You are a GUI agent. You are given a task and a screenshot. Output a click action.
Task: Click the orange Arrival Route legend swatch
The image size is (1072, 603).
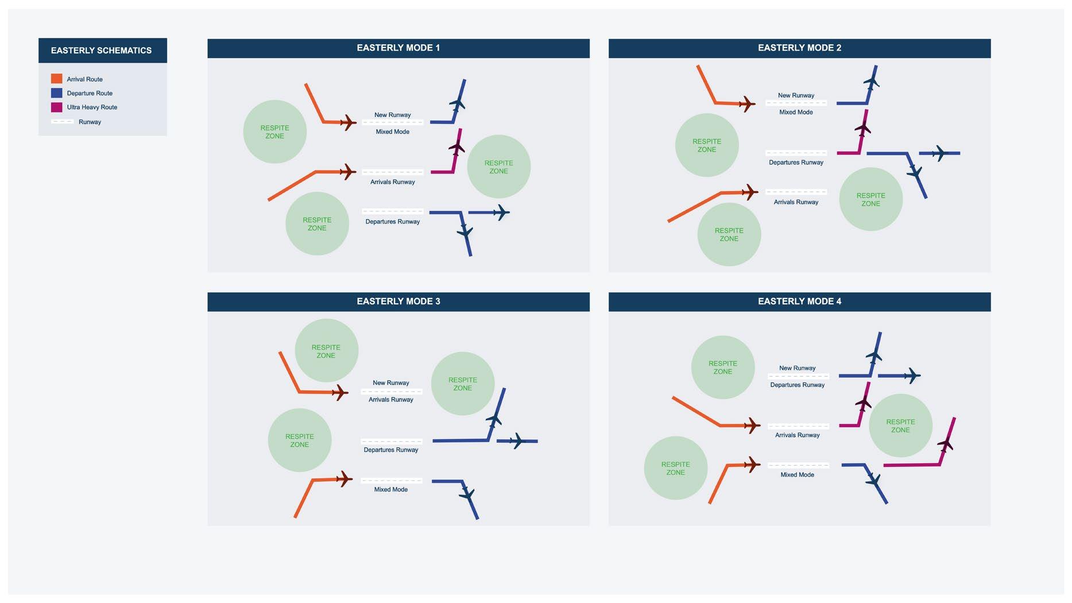pos(56,79)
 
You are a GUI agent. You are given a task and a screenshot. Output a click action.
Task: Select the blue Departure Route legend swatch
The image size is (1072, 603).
pos(56,93)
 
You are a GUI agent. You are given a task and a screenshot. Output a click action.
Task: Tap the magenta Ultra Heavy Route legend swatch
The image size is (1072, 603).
pos(56,107)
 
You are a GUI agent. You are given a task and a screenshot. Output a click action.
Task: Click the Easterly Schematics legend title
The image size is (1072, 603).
pos(101,51)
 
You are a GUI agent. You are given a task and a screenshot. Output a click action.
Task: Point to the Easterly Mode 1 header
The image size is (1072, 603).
pos(398,48)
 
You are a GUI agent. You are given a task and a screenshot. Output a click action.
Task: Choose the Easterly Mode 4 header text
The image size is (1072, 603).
pos(799,301)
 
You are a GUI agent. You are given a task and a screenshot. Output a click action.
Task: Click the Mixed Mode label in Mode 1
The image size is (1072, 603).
pos(392,132)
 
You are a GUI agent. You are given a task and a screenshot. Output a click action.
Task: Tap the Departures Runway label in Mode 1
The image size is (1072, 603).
pos(392,222)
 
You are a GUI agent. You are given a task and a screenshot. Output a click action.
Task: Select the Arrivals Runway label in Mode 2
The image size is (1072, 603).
pos(796,202)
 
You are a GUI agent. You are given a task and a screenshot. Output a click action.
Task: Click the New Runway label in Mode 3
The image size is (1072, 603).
pos(390,383)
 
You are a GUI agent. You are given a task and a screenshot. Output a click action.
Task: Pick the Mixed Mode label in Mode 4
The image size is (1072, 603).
pos(797,475)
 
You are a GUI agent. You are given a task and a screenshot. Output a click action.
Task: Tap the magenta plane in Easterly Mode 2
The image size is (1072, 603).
pos(862,129)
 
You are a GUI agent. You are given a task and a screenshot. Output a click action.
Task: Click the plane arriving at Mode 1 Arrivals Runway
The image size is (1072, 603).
pos(347,172)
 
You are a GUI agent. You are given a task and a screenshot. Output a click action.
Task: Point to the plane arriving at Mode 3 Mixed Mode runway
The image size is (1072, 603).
pos(343,478)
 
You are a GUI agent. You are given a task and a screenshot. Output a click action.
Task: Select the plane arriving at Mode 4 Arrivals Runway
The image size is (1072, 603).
pos(751,426)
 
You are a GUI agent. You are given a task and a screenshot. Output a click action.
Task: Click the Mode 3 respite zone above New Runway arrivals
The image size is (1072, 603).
pos(326,350)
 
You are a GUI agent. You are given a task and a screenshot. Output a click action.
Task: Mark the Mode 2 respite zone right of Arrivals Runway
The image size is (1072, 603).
pos(870,199)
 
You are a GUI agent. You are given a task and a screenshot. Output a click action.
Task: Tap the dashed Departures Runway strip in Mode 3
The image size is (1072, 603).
pos(392,442)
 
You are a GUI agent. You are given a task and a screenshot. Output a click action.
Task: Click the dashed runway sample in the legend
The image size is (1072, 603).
pos(62,122)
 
